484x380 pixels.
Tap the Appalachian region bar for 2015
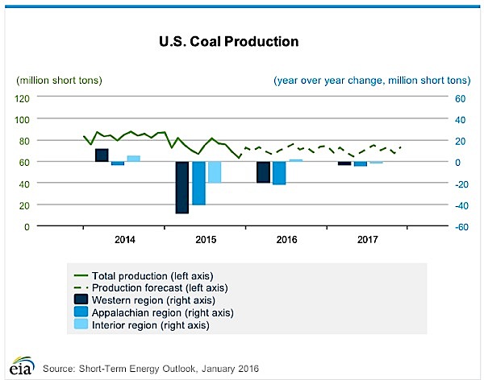pos(198,183)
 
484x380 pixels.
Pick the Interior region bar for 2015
pos(214,171)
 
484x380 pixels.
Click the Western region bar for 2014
pos(102,155)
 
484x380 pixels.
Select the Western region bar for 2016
pos(263,171)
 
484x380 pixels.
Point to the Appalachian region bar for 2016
pos(279,172)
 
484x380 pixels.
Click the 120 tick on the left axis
pos(22,97)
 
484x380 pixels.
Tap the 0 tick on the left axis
pos(27,226)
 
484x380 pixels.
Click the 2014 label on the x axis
pos(125,240)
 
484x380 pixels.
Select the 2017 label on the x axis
pos(367,240)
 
